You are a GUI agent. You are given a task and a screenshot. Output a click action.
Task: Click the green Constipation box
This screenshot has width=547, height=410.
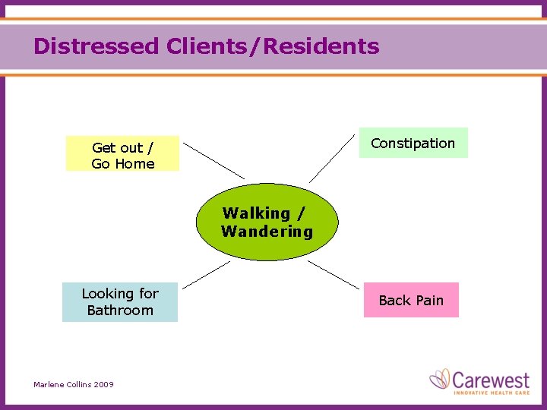pos(413,143)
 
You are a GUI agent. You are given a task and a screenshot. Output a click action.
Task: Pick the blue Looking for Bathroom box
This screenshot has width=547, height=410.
pos(119,301)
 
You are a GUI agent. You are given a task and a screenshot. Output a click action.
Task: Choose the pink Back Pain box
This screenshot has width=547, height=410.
pos(411,300)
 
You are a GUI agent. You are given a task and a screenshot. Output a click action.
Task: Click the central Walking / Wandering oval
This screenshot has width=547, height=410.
pos(267,222)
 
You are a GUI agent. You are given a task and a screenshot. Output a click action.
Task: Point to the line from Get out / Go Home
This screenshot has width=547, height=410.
pos(213,160)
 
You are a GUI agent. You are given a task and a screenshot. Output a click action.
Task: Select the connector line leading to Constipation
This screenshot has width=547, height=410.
pos(332,158)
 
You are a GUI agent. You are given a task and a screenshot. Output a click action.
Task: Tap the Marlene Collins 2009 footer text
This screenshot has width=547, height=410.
pos(74,385)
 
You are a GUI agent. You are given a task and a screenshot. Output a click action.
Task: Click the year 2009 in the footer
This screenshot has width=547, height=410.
pos(104,385)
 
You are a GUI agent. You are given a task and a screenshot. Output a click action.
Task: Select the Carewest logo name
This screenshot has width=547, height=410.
pos(489,378)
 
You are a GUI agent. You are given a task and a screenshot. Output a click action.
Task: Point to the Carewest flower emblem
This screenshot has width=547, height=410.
pos(440,380)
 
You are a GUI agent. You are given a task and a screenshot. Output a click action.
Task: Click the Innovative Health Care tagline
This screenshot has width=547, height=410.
pos(489,392)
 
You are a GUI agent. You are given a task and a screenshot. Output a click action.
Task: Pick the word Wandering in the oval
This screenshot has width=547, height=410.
pos(267,232)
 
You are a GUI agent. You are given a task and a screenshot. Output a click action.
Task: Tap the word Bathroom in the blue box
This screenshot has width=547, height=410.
pos(119,310)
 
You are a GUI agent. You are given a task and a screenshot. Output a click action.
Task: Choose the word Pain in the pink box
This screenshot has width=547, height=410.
pos(429,301)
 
